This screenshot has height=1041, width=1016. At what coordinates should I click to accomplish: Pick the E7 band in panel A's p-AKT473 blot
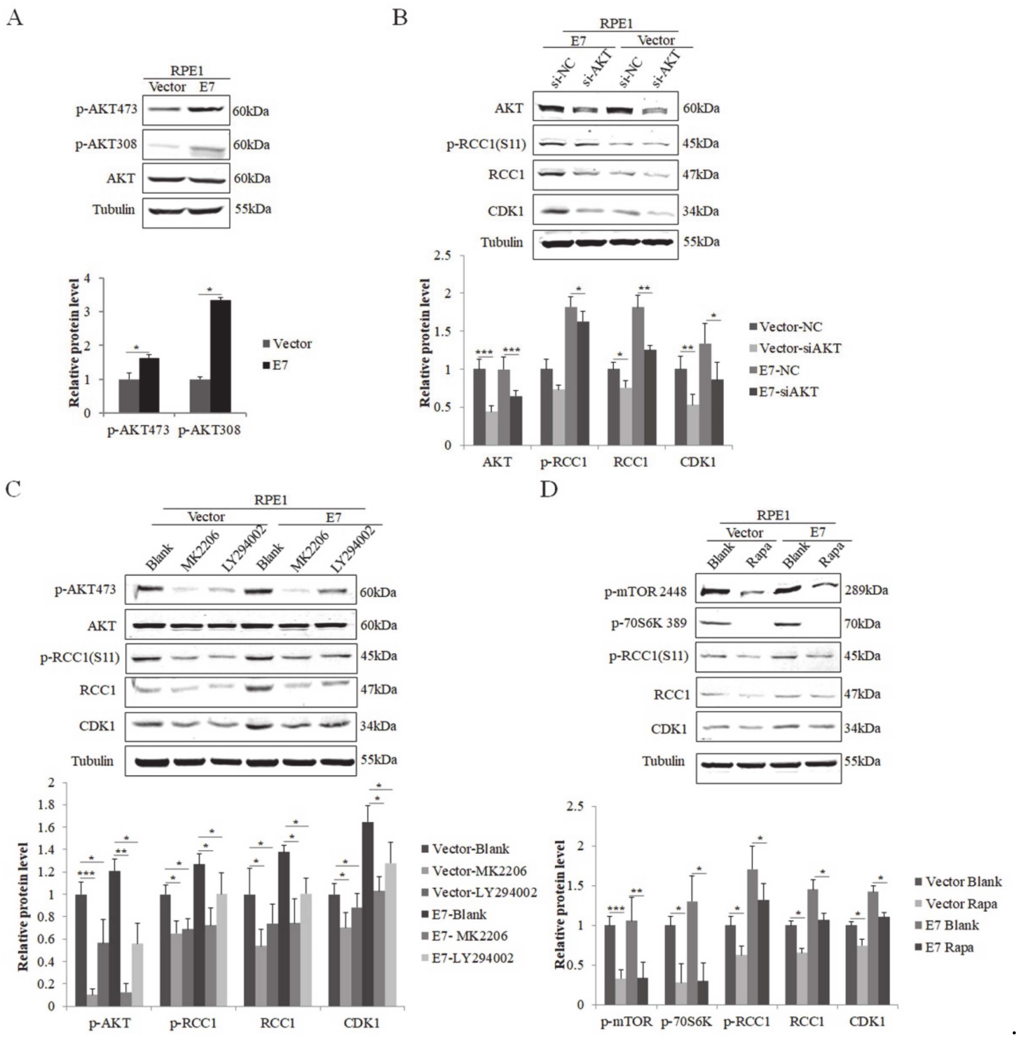tap(207, 109)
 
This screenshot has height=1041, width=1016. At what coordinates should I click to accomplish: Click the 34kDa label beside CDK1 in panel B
tap(701, 211)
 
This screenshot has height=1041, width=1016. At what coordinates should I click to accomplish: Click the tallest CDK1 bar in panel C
tap(368, 913)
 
